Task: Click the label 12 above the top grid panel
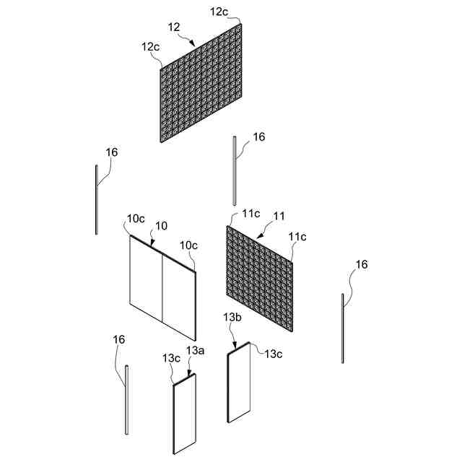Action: pyautogui.click(x=174, y=27)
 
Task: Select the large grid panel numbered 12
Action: pyautogui.click(x=201, y=83)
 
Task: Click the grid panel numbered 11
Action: pyautogui.click(x=261, y=279)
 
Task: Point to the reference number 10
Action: pyautogui.click(x=161, y=226)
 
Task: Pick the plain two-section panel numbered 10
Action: pyautogui.click(x=162, y=288)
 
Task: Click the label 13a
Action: pyautogui.click(x=196, y=350)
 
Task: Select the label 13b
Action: pyautogui.click(x=232, y=318)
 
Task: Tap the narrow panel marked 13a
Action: pyautogui.click(x=185, y=416)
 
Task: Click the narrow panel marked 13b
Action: pyautogui.click(x=239, y=383)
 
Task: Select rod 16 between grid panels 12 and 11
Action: pyautogui.click(x=234, y=170)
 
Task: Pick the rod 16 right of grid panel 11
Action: pyautogui.click(x=343, y=328)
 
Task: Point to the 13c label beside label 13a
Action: pyautogui.click(x=172, y=358)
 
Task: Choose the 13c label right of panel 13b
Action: pyautogui.click(x=273, y=354)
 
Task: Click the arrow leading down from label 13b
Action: pyautogui.click(x=233, y=341)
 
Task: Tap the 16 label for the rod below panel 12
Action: pyautogui.click(x=259, y=137)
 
